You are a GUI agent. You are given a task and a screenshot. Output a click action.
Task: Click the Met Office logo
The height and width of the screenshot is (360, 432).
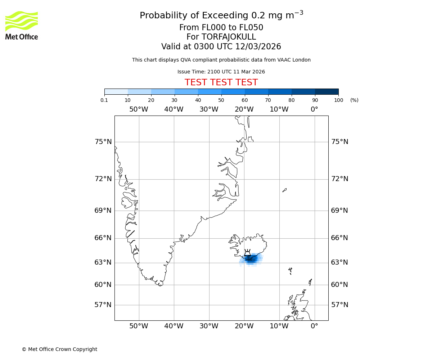click(x=22, y=25)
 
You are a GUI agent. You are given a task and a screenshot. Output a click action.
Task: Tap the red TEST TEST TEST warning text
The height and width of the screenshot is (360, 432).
click(x=221, y=82)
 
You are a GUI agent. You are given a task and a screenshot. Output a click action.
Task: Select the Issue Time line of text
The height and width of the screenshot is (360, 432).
click(x=221, y=72)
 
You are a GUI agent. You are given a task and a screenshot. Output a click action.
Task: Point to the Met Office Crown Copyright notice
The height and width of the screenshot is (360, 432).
click(x=59, y=349)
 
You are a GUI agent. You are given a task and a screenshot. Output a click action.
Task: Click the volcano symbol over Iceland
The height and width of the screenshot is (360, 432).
click(x=247, y=253)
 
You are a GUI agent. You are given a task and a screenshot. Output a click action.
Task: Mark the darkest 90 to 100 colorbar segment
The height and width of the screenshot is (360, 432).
click(x=327, y=91)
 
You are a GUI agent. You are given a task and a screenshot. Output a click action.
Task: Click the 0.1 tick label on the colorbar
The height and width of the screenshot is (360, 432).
click(x=104, y=100)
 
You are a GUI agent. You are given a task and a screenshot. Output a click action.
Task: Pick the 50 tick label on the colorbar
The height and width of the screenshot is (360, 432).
click(x=221, y=100)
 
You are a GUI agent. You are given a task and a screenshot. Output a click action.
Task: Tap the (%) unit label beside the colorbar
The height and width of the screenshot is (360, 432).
click(x=354, y=100)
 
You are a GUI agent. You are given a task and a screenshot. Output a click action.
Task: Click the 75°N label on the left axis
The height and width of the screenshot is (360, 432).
click(x=103, y=142)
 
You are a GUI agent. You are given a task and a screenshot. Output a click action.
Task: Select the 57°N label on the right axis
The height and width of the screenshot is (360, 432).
click(x=339, y=305)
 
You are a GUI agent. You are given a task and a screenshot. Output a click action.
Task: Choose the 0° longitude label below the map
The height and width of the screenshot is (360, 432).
click(x=314, y=326)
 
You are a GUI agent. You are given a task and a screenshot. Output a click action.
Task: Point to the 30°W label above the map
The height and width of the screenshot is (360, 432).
click(x=209, y=109)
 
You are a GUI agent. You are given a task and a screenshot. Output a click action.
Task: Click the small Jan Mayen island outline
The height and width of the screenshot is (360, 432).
click(x=284, y=190)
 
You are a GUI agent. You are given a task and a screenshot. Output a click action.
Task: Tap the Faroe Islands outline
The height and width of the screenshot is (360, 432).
click(x=290, y=270)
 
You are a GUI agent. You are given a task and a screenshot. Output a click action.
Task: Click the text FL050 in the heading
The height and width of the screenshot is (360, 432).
click(x=251, y=28)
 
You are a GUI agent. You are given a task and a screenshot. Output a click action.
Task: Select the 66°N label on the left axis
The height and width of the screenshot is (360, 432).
click(x=103, y=238)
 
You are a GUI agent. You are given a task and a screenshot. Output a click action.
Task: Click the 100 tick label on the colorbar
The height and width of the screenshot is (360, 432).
click(x=338, y=100)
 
